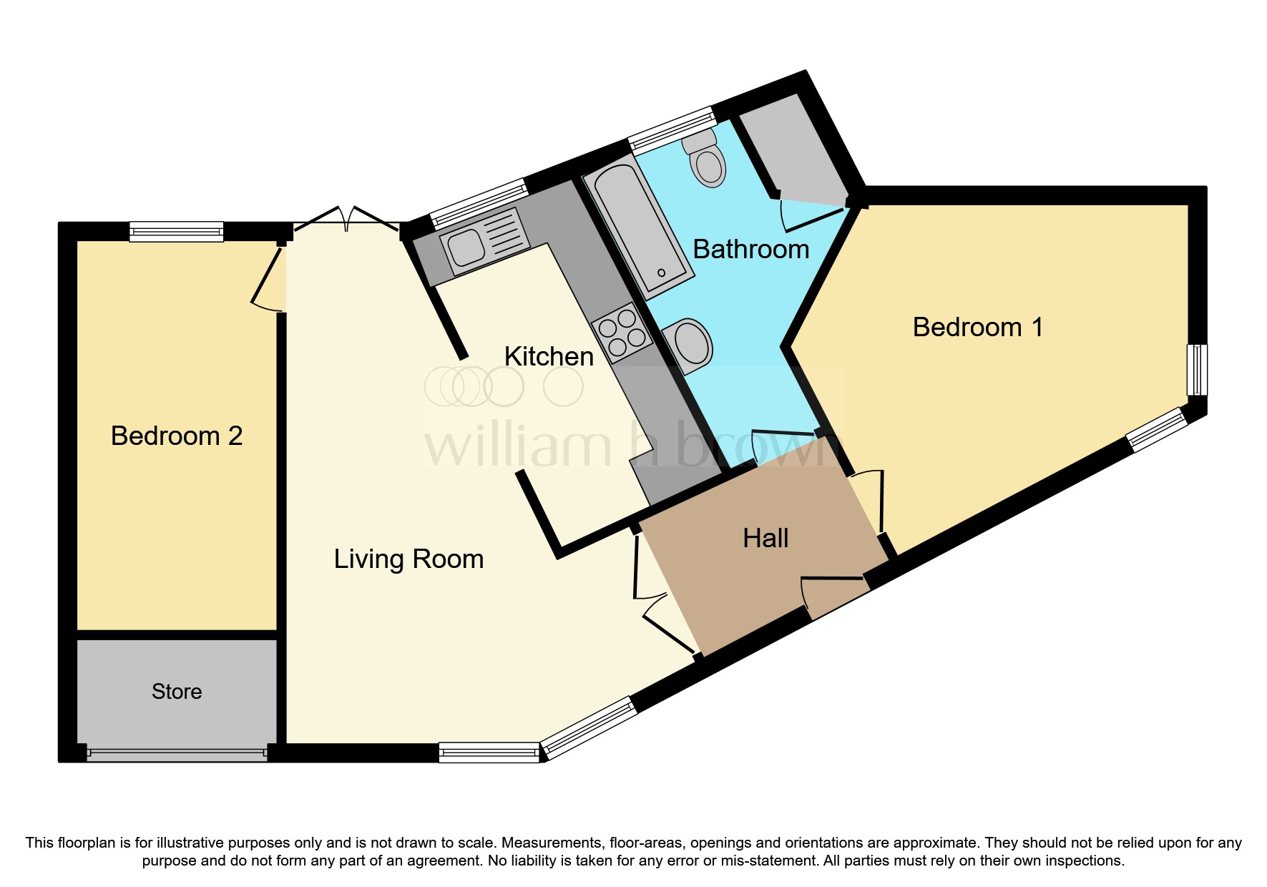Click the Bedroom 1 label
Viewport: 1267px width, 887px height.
pos(977,328)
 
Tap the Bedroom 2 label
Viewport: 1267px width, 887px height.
pos(177,436)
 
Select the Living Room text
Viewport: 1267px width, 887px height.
pos(409,559)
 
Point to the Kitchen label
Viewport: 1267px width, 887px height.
pos(549,356)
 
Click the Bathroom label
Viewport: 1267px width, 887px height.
pos(751,249)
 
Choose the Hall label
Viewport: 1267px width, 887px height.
pos(765,538)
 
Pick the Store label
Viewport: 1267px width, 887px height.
pos(177,692)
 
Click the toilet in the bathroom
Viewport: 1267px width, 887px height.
pos(705,157)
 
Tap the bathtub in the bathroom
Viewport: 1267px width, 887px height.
pos(638,226)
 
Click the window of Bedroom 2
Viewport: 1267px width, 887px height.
pos(177,231)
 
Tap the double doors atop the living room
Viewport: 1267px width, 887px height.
pos(347,218)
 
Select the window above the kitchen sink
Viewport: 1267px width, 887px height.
pos(478,204)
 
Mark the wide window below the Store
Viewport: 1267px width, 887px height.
pos(177,753)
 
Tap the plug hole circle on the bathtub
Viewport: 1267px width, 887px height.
pos(661,273)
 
